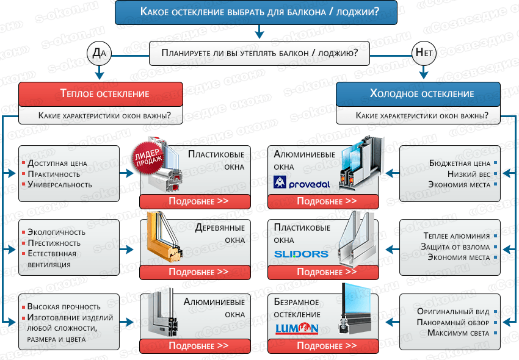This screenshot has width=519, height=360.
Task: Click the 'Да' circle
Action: pyautogui.click(x=99, y=54)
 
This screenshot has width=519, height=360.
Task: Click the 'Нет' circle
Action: pyautogui.click(x=424, y=54)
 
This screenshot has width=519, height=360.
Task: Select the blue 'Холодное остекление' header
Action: pyautogui.click(x=421, y=94)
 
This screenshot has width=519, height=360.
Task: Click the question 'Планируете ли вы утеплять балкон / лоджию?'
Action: pyautogui.click(x=259, y=53)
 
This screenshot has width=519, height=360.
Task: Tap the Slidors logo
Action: pyautogui.click(x=301, y=254)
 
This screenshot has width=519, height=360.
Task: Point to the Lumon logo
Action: pyautogui.click(x=297, y=328)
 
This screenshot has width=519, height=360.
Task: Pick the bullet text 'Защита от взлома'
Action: pyautogui.click(x=455, y=247)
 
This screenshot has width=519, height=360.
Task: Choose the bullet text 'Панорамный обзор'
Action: pyautogui.click(x=454, y=322)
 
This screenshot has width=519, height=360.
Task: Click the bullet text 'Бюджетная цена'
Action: pyautogui.click(x=460, y=163)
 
